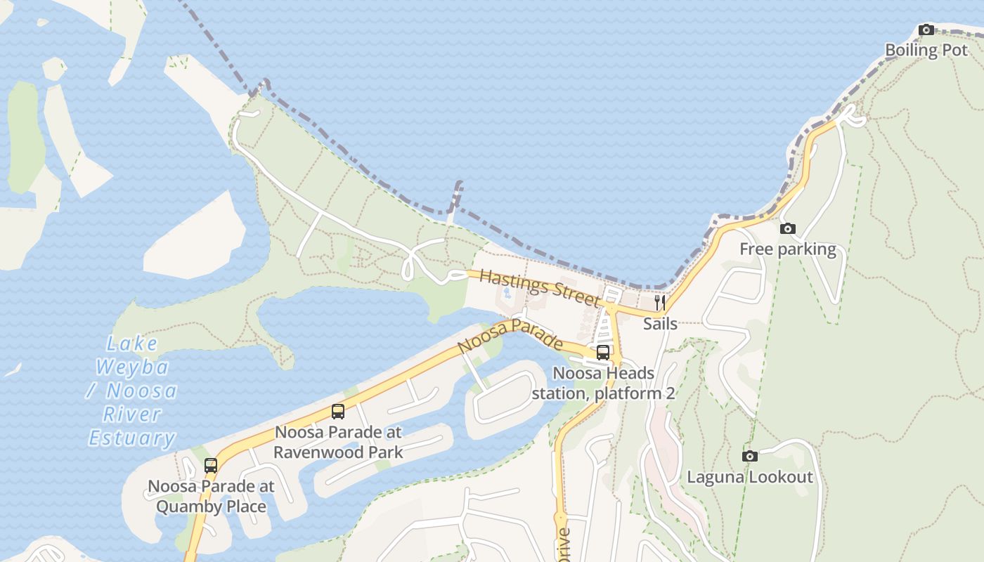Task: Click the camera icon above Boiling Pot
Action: [926, 30]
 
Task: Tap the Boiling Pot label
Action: [926, 50]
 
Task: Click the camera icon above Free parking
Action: [788, 228]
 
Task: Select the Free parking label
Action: [788, 249]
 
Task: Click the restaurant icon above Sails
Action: [660, 303]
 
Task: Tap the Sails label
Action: [660, 324]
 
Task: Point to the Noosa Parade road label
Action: [510, 335]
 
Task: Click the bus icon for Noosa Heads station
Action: [603, 353]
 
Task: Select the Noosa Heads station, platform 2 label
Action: [603, 383]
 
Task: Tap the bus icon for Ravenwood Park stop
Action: [338, 412]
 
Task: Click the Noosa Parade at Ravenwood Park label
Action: [338, 442]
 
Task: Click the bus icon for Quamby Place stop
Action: [211, 465]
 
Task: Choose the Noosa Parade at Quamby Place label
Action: [211, 496]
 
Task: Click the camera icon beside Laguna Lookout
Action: [750, 456]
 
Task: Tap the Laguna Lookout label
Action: [750, 477]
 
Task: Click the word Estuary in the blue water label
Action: [131, 438]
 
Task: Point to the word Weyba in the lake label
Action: [132, 367]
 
